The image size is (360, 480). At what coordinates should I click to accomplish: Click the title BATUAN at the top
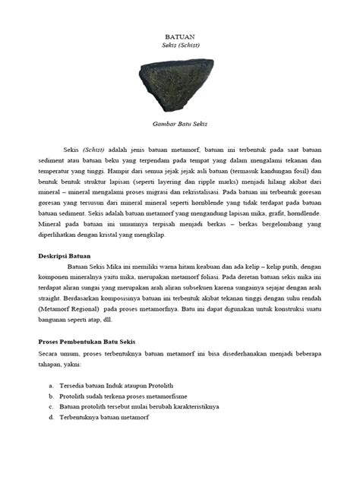180,36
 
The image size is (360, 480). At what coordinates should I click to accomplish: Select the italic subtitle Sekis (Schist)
180,46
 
